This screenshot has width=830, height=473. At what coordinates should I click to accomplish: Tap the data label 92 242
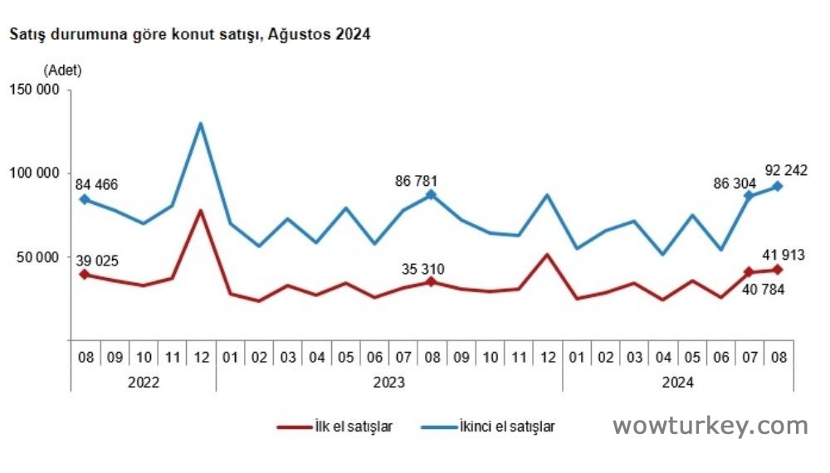click(786, 170)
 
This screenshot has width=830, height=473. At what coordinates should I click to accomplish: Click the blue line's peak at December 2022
click(201, 124)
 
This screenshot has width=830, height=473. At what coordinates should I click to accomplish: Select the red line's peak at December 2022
click(201, 211)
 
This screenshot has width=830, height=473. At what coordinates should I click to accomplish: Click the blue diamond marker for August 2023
click(431, 194)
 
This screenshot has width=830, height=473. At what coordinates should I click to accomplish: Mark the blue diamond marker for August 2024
click(778, 186)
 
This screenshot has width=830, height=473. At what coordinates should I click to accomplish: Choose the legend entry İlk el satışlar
click(335, 427)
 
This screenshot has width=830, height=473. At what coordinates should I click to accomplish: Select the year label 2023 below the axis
click(388, 383)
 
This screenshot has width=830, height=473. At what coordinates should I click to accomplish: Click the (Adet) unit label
click(63, 70)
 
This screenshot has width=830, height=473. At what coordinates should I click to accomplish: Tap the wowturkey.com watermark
click(710, 426)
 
